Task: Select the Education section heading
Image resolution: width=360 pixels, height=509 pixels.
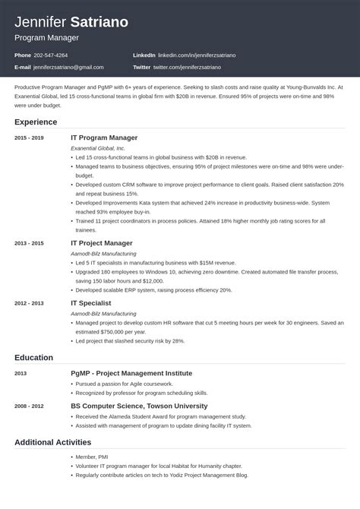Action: click(x=35, y=357)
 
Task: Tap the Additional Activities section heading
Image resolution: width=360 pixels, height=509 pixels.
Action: click(x=52, y=441)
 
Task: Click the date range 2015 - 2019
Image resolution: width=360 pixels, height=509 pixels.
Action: click(x=29, y=138)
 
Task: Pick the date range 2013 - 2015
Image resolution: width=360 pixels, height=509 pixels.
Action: click(x=29, y=242)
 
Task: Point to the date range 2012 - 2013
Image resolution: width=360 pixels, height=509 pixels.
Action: click(x=29, y=302)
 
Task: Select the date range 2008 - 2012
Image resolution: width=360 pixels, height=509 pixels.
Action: click(x=29, y=406)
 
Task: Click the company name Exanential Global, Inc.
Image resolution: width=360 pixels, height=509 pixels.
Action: click(x=98, y=148)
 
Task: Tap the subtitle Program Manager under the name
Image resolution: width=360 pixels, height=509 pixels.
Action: click(x=46, y=36)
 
